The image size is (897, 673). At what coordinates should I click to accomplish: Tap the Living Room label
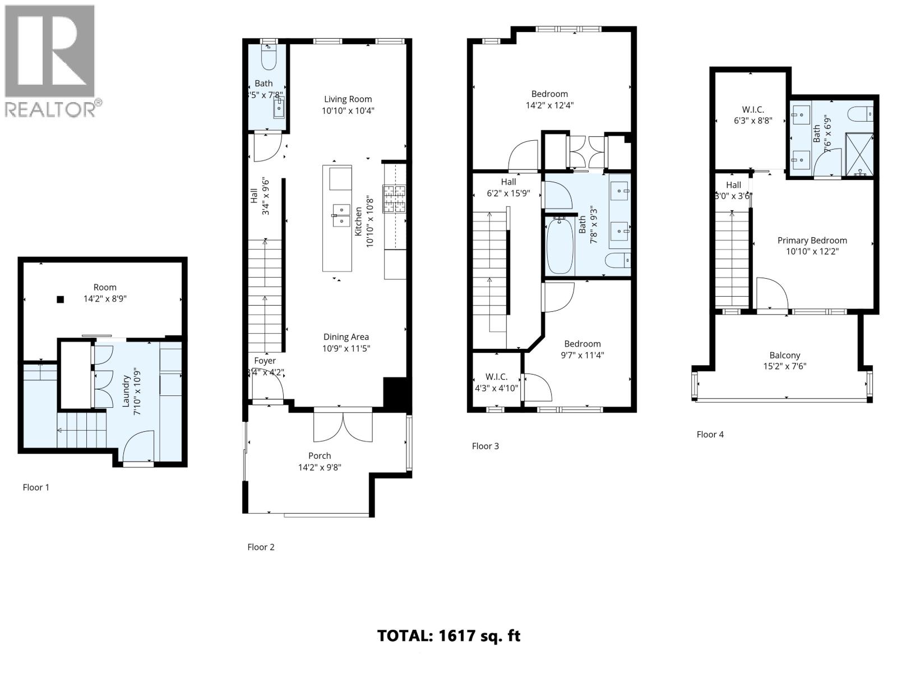(348, 99)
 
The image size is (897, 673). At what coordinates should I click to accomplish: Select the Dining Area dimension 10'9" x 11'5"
(346, 348)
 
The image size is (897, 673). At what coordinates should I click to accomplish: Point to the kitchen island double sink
(341, 215)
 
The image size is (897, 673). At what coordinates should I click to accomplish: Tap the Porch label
(320, 456)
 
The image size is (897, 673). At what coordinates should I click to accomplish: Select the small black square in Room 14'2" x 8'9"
(60, 299)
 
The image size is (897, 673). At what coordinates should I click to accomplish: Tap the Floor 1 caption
(36, 487)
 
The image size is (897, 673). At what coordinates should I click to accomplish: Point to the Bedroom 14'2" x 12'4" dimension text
(549, 105)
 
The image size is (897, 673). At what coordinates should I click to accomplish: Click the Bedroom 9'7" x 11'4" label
(582, 344)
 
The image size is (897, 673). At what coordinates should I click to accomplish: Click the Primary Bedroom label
(812, 241)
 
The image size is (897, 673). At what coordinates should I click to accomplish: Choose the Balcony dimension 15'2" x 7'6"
(784, 367)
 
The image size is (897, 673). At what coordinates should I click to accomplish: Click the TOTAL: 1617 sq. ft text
(449, 636)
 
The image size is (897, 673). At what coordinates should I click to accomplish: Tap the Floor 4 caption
(710, 434)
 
